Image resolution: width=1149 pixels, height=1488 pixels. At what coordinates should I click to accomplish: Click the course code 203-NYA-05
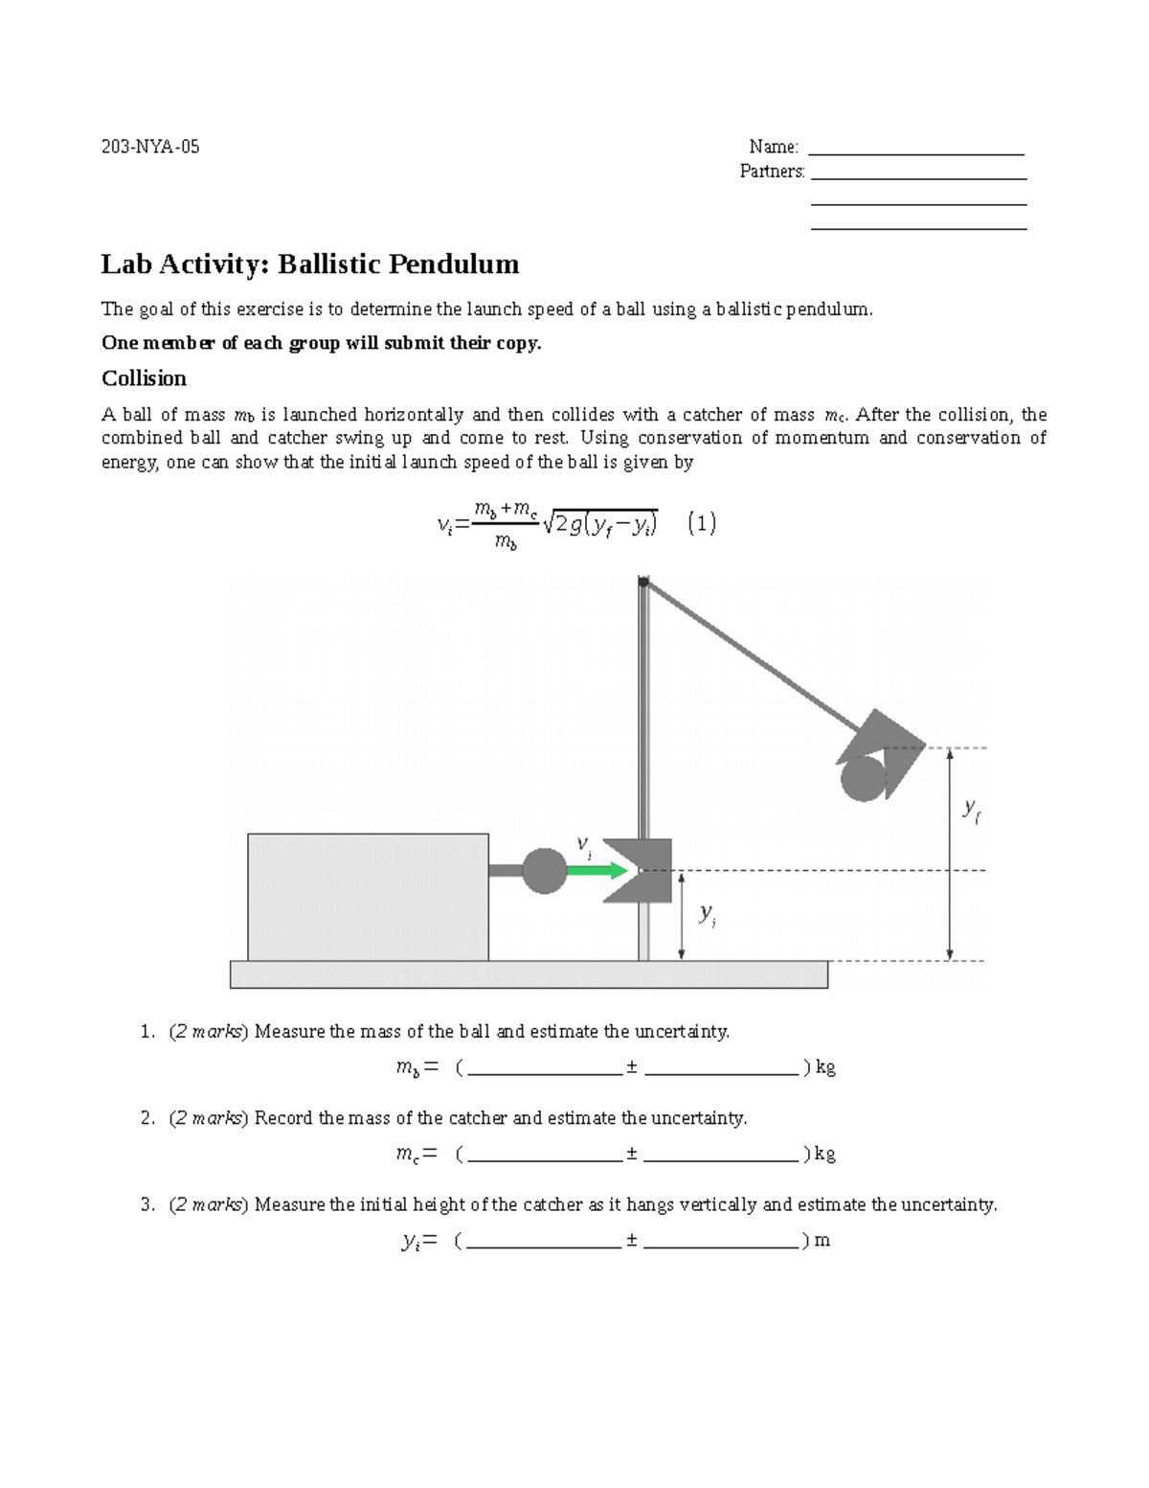pyautogui.click(x=150, y=147)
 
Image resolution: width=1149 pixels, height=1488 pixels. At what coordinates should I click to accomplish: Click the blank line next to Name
pyautogui.click(x=916, y=149)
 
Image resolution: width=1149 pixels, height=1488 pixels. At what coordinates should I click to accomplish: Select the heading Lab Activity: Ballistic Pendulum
pyautogui.click(x=310, y=264)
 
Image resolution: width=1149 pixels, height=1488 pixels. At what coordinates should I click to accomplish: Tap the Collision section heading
pyautogui.click(x=144, y=378)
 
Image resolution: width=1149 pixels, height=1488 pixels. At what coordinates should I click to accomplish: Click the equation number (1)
pyautogui.click(x=702, y=523)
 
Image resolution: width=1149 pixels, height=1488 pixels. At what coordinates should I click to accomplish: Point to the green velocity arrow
pyautogui.click(x=596, y=871)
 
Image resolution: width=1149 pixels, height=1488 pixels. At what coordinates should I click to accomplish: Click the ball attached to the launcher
pyautogui.click(x=544, y=871)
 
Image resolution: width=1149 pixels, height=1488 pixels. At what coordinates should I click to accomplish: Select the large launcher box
pyautogui.click(x=368, y=897)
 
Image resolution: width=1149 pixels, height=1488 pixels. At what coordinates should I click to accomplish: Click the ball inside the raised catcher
pyautogui.click(x=863, y=778)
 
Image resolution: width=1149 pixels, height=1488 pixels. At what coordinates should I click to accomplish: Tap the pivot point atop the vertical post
pyautogui.click(x=643, y=582)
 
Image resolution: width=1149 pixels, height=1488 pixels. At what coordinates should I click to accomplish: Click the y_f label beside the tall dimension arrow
pyautogui.click(x=972, y=810)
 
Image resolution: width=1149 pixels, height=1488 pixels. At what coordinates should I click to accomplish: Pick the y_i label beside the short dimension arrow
pyautogui.click(x=708, y=914)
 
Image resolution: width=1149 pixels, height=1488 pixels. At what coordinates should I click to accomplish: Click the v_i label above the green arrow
pyautogui.click(x=583, y=845)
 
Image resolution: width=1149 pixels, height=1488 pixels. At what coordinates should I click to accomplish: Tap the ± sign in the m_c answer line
pyautogui.click(x=632, y=1154)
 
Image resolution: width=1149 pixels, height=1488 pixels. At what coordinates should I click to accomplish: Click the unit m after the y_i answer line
pyautogui.click(x=822, y=1241)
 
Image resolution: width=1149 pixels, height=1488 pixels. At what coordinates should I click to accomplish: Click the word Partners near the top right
pyautogui.click(x=772, y=172)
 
